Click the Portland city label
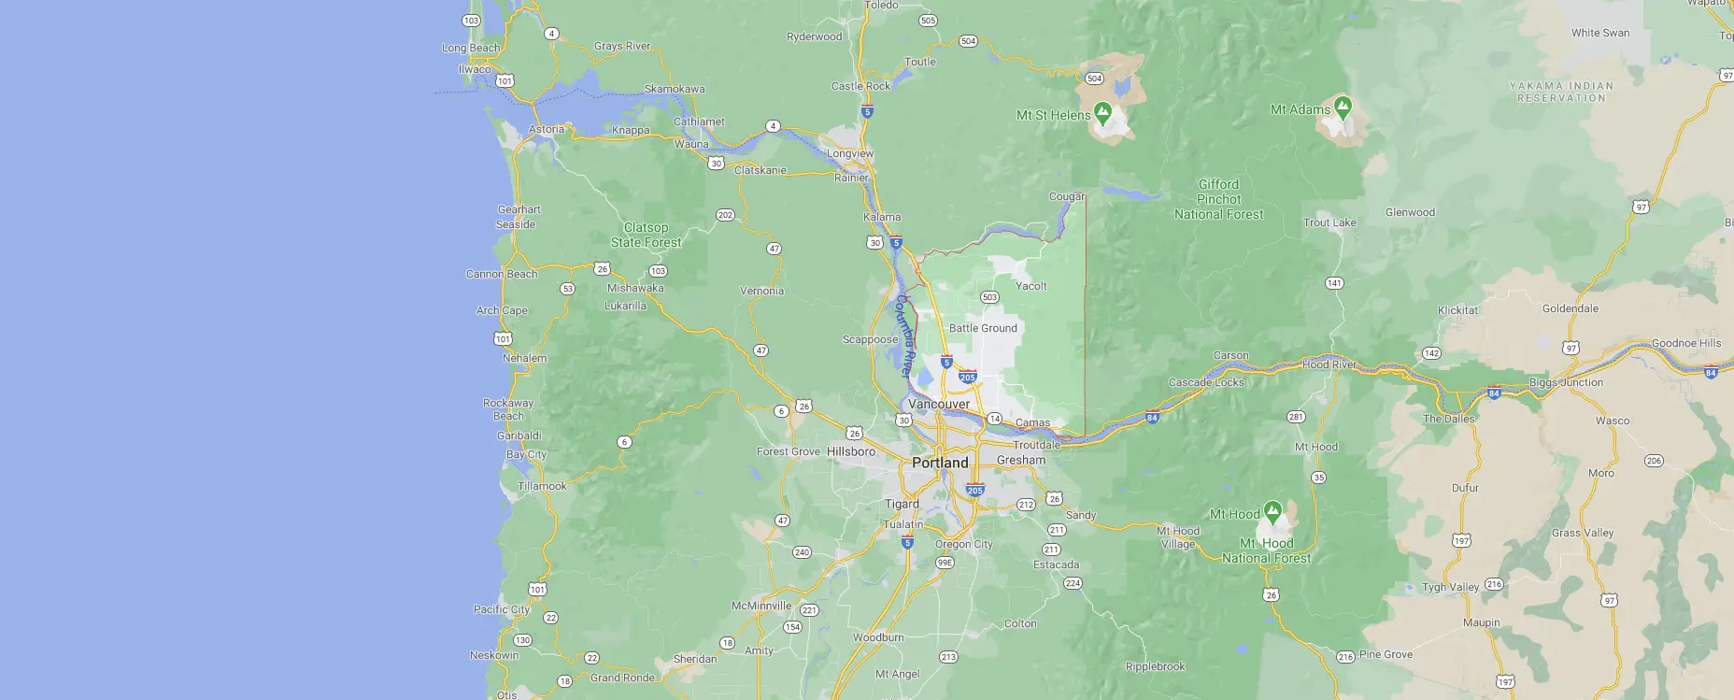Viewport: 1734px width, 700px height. [940, 463]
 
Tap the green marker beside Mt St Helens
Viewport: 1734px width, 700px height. [1103, 113]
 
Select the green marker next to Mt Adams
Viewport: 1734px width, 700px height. [1343, 107]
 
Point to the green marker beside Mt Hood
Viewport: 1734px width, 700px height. [1272, 511]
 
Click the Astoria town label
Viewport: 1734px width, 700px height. [547, 130]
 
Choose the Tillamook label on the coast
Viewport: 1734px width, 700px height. [542, 486]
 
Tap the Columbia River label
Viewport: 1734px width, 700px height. [904, 336]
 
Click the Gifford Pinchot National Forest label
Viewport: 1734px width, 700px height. [1218, 199]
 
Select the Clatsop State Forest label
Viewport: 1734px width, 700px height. [646, 235]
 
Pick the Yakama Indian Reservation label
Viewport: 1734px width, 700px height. [1561, 92]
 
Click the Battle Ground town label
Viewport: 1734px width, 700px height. [983, 328]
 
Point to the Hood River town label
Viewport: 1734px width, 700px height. [1329, 364]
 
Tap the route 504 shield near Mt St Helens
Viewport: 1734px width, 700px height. [1094, 79]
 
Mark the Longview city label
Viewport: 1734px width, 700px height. [850, 153]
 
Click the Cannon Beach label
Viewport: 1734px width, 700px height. [502, 274]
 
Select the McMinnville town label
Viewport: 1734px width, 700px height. [761, 606]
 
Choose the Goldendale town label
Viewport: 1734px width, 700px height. [1570, 308]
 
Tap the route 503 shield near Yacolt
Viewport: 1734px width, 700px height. [989, 297]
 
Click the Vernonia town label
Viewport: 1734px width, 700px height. [761, 291]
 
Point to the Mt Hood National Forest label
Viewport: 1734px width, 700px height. [1267, 550]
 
